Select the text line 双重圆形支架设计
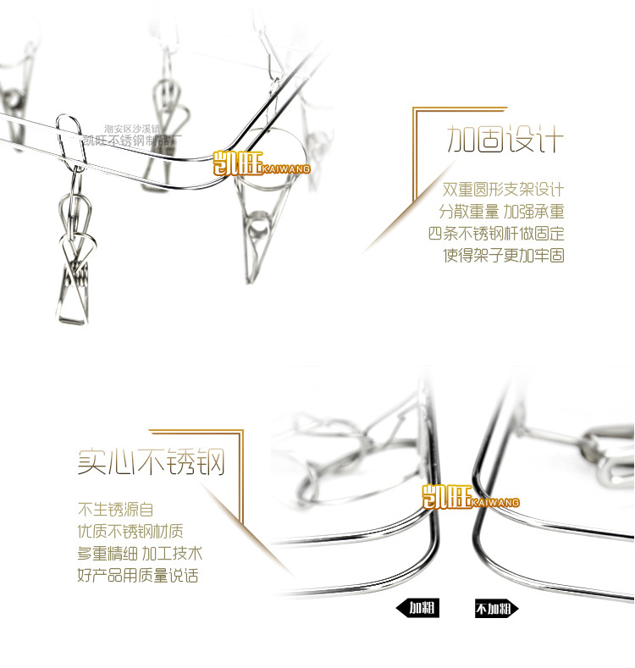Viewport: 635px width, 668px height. click(503, 189)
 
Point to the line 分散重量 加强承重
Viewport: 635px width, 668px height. click(501, 211)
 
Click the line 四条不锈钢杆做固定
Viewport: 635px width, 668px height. click(496, 233)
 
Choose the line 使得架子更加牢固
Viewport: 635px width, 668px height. click(504, 255)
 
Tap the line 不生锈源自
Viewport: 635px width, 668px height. click(116, 510)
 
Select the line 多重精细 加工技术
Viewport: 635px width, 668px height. click(140, 554)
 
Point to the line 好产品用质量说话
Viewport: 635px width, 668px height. click(138, 576)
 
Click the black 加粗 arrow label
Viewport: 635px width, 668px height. click(417, 608)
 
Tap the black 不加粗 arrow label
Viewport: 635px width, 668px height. click(495, 609)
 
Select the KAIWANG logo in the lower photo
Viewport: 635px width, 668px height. click(471, 497)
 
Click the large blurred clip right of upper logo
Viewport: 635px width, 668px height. click(260, 229)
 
